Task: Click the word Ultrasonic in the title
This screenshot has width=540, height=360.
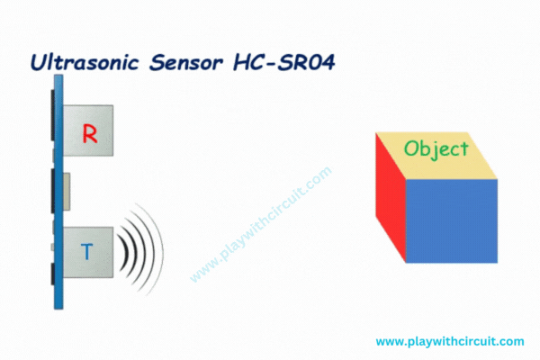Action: [85, 63]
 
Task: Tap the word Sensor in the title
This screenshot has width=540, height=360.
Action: [186, 63]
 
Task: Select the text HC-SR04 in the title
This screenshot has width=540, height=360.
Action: [284, 63]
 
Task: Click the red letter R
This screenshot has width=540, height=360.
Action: [90, 134]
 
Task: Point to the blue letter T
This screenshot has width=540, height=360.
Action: [86, 251]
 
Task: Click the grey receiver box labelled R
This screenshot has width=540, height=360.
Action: [88, 130]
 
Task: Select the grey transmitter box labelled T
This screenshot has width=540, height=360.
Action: [88, 252]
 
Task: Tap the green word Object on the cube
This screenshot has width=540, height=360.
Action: [436, 149]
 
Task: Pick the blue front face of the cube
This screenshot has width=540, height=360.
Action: [452, 220]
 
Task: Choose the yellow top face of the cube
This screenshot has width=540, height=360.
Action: [436, 156]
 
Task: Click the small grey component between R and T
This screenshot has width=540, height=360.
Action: [67, 192]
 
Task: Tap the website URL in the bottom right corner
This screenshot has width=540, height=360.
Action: [450, 341]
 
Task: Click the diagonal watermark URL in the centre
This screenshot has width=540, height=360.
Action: [261, 224]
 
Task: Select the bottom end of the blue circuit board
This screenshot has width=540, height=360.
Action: [58, 309]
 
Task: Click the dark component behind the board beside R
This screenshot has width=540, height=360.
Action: [53, 115]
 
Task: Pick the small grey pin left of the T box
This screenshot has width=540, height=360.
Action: [52, 247]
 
